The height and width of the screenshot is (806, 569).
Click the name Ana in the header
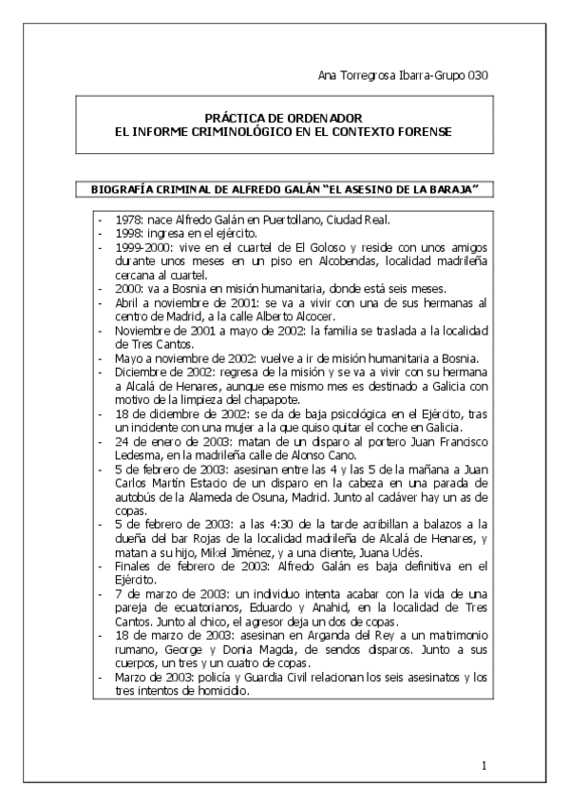click(325, 75)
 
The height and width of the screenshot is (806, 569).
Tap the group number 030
click(477, 75)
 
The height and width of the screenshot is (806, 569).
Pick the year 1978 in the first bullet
click(127, 220)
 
